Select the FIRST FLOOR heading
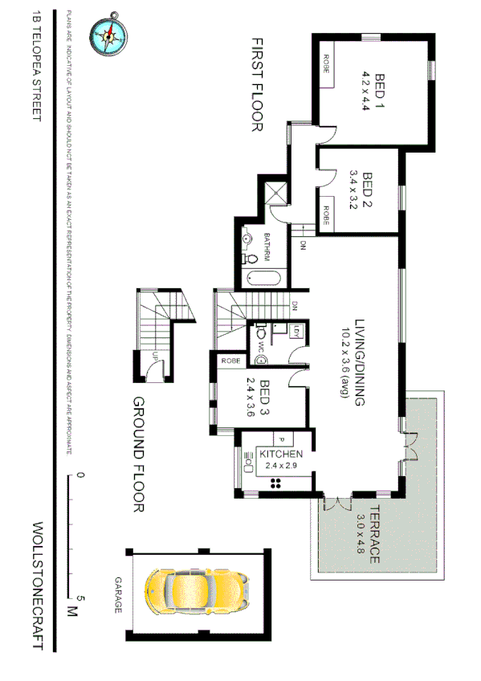click(257, 84)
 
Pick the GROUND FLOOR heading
click(137, 454)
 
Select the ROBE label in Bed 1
click(327, 63)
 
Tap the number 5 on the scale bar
click(80, 598)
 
